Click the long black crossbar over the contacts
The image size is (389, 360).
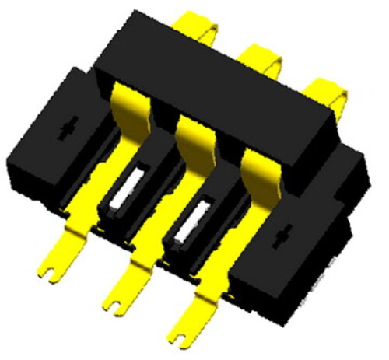point(226,93)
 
